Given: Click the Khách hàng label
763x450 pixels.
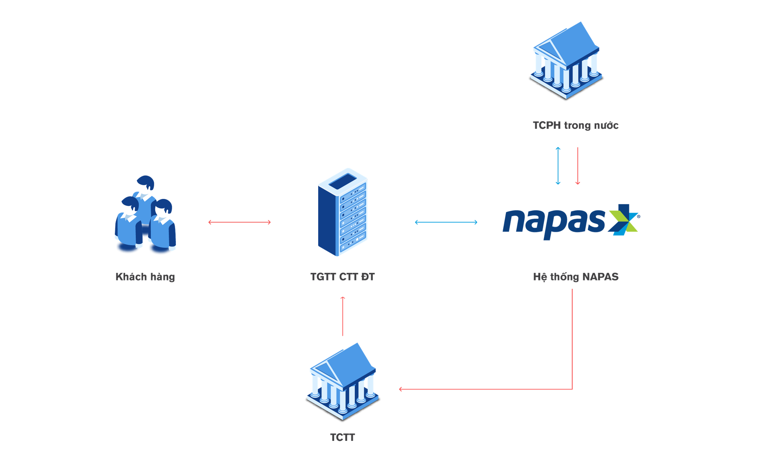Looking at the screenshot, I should (145, 277).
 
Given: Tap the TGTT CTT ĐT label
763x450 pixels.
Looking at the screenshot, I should (343, 277).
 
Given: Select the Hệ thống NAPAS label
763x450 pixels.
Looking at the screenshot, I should (575, 277).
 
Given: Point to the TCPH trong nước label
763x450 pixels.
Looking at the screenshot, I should (575, 125).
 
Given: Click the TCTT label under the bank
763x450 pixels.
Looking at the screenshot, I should (343, 437).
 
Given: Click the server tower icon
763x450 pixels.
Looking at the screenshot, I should (342, 213).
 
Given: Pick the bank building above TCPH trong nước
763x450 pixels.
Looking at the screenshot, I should (566, 61).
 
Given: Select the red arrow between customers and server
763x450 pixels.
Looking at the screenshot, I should (239, 222).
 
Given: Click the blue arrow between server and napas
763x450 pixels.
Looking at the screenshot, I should (446, 222).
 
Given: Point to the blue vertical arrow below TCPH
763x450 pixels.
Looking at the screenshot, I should (558, 166).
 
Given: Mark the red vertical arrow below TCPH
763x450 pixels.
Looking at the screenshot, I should (577, 166).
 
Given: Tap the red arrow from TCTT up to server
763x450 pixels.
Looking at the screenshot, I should (343, 316).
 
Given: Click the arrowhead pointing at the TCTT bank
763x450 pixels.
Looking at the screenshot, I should (401, 389).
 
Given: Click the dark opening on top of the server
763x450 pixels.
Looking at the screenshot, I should (342, 183).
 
